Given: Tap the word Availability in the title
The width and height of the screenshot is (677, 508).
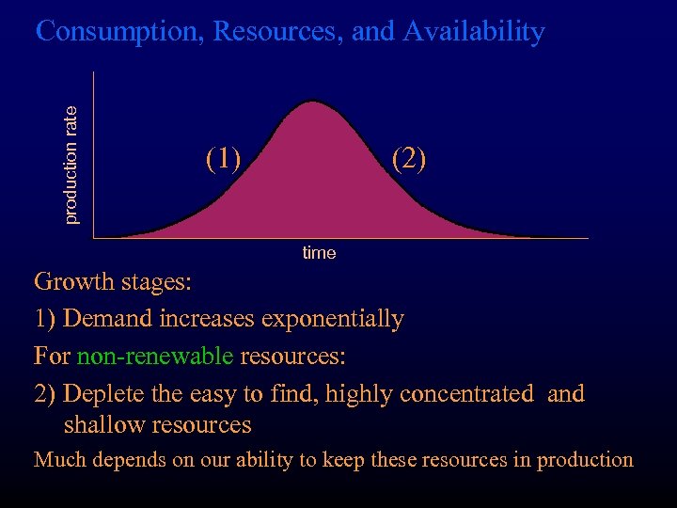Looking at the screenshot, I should [474, 32].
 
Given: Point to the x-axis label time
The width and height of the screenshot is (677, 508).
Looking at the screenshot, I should [319, 253].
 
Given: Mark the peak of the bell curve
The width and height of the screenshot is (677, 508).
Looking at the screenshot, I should [311, 101].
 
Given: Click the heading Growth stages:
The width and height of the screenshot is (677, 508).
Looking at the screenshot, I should [112, 281].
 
